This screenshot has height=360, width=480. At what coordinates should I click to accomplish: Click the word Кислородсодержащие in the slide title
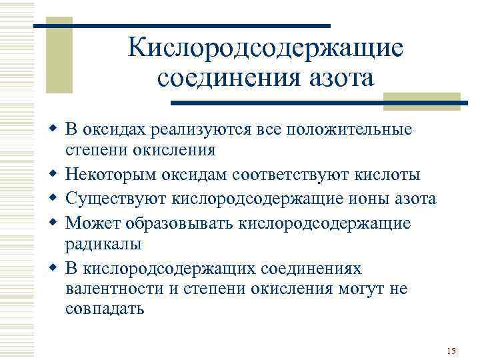tap(265, 48)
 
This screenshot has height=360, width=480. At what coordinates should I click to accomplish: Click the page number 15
tap(451, 351)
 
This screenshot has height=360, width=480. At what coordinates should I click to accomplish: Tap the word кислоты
tap(387, 175)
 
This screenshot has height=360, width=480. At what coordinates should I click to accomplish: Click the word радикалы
tap(103, 245)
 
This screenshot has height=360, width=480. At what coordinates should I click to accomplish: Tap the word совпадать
tap(105, 310)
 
